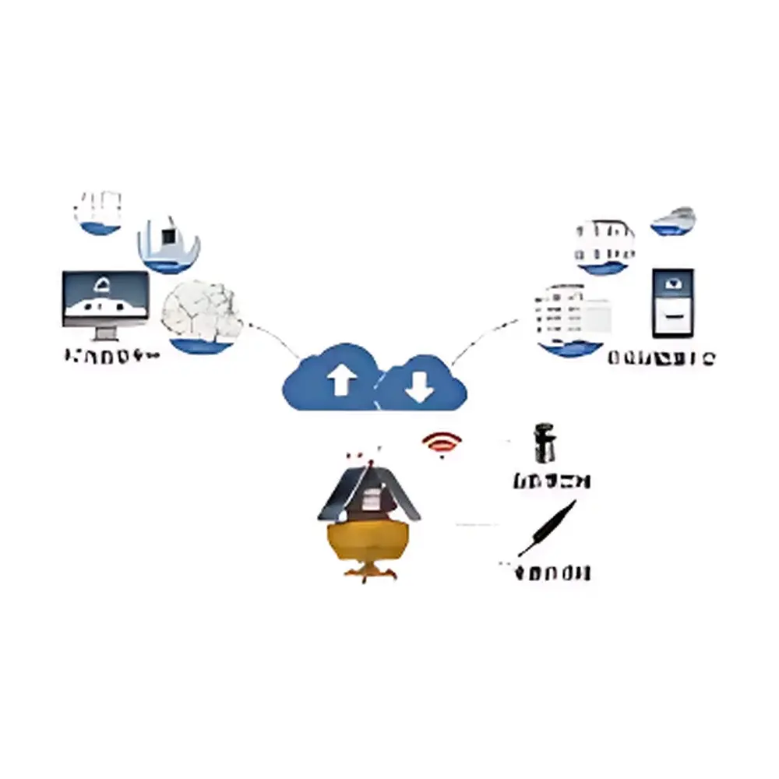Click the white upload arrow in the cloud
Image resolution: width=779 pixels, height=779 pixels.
click(x=340, y=381)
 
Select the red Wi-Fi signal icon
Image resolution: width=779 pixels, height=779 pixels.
click(x=442, y=445)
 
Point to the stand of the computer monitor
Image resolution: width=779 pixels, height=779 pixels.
click(x=104, y=333)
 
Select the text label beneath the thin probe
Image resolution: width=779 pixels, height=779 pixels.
click(x=551, y=574)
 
